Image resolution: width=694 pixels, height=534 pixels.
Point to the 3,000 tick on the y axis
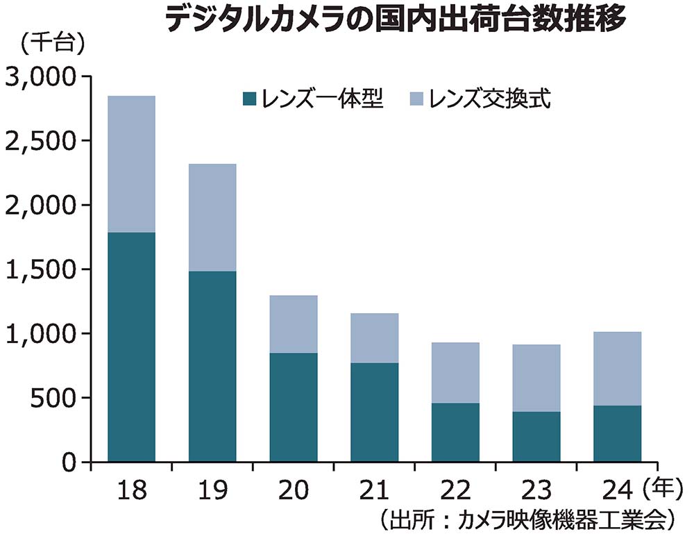[42, 76]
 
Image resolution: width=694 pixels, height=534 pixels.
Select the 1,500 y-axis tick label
[42, 269]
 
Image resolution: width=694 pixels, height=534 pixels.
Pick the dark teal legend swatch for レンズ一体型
[249, 99]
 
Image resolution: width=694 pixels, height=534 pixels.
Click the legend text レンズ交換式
[489, 99]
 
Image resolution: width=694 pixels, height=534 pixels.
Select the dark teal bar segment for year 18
[131, 347]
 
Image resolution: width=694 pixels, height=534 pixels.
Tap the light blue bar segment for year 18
[131, 164]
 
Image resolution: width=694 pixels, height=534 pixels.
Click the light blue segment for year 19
[212, 217]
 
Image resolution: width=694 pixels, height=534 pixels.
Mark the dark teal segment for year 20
[294, 407]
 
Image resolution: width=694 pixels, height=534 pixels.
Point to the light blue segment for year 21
[375, 338]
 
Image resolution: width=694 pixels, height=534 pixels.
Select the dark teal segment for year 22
[455, 432]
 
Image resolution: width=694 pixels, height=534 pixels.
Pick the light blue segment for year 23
[536, 378]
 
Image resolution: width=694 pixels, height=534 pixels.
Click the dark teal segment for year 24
[618, 433]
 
